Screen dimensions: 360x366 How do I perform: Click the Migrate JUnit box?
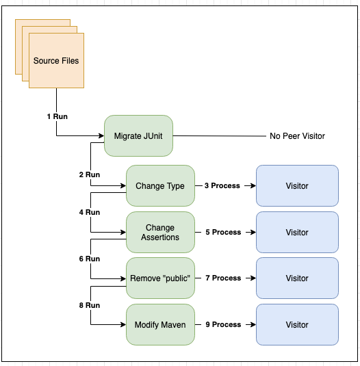click(x=138, y=135)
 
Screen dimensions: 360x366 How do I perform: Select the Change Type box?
click(x=160, y=186)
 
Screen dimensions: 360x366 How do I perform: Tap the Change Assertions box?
click(x=160, y=232)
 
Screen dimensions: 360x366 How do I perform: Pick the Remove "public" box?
click(x=160, y=278)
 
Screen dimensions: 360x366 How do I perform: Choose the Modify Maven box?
click(x=160, y=324)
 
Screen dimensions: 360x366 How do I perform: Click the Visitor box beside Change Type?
click(x=297, y=186)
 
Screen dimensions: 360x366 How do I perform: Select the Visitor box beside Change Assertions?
click(x=297, y=232)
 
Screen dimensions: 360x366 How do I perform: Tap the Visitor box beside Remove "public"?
click(x=297, y=278)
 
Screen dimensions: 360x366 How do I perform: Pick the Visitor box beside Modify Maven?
click(x=297, y=324)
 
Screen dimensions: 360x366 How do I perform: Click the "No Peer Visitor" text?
click(x=297, y=136)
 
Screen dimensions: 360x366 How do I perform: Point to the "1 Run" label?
click(x=57, y=116)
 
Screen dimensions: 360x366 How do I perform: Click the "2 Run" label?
click(x=90, y=174)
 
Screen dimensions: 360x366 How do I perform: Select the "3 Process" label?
click(x=222, y=185)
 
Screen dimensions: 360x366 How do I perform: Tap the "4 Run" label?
click(x=90, y=212)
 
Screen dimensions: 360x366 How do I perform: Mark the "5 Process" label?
click(x=223, y=232)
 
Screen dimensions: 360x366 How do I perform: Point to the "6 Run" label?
click(x=90, y=259)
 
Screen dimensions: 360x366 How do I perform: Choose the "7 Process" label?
click(x=223, y=278)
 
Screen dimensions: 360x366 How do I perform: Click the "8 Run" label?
click(x=90, y=305)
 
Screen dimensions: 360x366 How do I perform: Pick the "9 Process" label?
click(x=223, y=324)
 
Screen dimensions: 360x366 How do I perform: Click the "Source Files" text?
click(x=56, y=61)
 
